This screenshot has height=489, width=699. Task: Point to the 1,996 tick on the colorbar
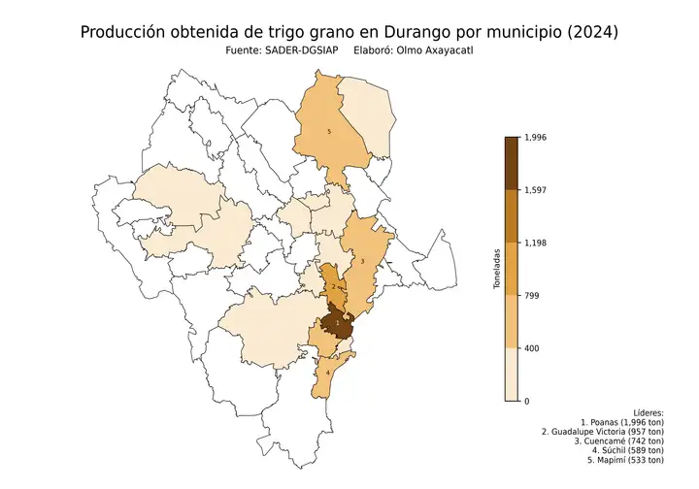coord(534,138)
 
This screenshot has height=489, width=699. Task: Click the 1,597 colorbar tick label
coord(534,190)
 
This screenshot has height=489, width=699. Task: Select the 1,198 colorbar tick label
coord(534,244)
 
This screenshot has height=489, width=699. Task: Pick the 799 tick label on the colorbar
coord(530,296)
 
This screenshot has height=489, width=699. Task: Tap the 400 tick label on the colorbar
coord(530,348)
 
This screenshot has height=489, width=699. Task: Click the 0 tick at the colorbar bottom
coord(526,401)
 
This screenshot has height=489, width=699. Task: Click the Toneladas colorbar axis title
coord(496,270)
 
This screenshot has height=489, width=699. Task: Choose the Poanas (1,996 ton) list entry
coord(622,423)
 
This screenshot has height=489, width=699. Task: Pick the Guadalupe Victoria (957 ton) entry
coord(603,433)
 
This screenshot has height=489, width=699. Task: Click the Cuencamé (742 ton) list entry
coord(616,441)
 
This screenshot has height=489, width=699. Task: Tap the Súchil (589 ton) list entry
coord(624,451)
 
